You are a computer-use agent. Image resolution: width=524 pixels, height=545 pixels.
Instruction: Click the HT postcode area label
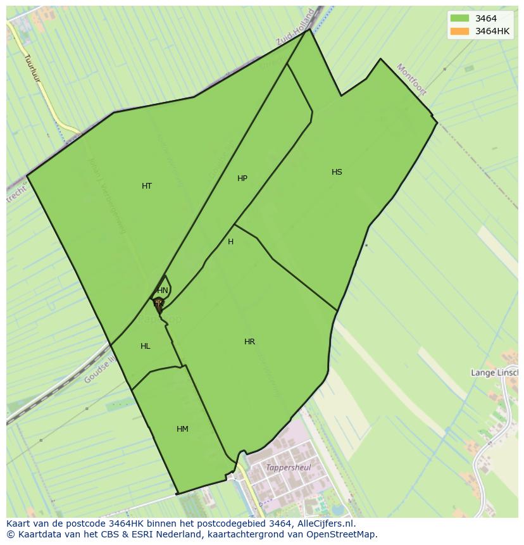pyautogui.click(x=147, y=186)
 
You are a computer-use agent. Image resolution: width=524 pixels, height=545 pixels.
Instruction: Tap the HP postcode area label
pyautogui.click(x=242, y=179)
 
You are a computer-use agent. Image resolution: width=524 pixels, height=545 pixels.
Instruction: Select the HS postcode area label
pyautogui.click(x=337, y=172)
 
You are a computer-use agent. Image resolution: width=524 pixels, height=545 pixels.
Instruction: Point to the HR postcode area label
pyautogui.click(x=249, y=342)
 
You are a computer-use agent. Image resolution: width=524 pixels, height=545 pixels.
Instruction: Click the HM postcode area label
pyautogui.click(x=182, y=429)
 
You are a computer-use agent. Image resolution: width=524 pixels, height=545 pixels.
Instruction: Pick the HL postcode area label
pyautogui.click(x=146, y=346)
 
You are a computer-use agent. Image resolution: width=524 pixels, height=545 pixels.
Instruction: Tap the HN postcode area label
pyautogui.click(x=163, y=291)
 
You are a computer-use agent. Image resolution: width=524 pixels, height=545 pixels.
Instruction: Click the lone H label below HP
pyautogui.click(x=230, y=242)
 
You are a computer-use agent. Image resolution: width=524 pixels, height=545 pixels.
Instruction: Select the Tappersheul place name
pyautogui.click(x=289, y=468)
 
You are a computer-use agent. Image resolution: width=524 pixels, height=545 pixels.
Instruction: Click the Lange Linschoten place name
pyautogui.click(x=494, y=373)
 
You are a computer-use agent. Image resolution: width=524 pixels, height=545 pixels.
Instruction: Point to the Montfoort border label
pyautogui.click(x=412, y=80)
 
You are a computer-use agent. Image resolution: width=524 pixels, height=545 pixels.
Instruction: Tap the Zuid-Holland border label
pyautogui.click(x=296, y=28)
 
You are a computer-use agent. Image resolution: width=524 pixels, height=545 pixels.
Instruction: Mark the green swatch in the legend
pyautogui.click(x=459, y=18)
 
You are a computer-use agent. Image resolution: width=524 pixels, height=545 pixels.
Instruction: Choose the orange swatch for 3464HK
pyautogui.click(x=459, y=31)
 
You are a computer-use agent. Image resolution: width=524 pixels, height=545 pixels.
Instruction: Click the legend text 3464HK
pyautogui.click(x=492, y=31)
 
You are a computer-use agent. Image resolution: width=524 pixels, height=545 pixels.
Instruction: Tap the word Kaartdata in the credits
pyautogui.click(x=35, y=534)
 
